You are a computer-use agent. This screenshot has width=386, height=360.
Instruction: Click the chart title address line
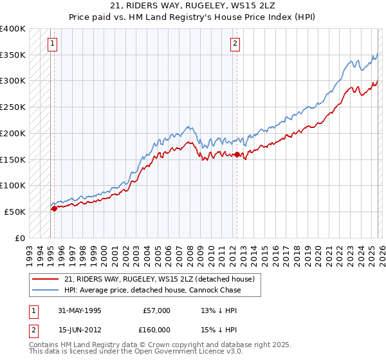(193, 6)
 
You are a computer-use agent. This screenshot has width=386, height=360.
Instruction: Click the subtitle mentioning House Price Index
(193, 17)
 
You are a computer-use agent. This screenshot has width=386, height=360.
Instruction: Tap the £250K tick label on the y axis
(13, 107)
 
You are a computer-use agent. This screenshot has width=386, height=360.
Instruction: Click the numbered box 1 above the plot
(52, 44)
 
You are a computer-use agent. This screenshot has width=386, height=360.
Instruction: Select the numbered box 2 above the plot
(235, 44)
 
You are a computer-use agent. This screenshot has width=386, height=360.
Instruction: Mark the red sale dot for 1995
(54, 208)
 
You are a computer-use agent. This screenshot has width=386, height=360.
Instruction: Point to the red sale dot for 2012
(237, 154)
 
